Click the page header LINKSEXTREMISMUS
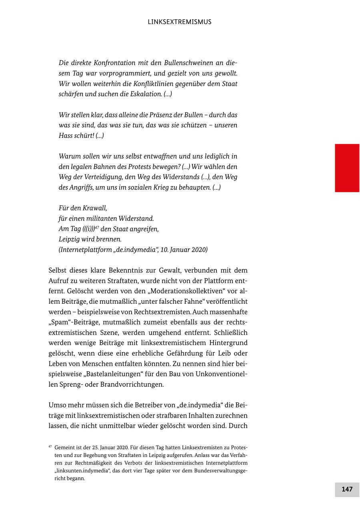(180, 22)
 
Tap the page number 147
(347, 489)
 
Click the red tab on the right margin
(347, 168)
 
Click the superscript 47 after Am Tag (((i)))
(97, 227)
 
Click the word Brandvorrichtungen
(129, 384)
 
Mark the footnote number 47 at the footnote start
(50, 446)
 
